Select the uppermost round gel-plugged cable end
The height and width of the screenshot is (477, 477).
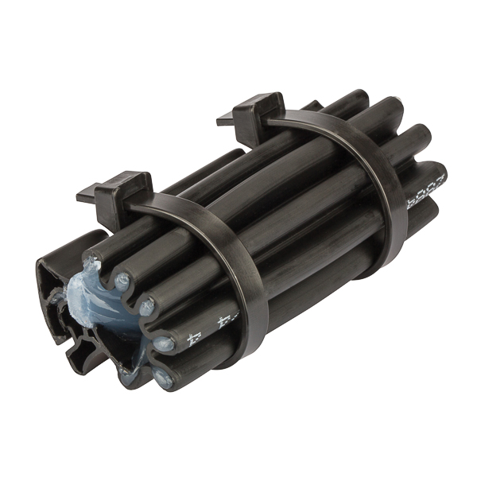[x=122, y=280]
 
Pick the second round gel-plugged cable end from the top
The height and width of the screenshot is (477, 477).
[x=146, y=304]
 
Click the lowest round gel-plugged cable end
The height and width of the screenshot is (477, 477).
[x=165, y=379]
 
